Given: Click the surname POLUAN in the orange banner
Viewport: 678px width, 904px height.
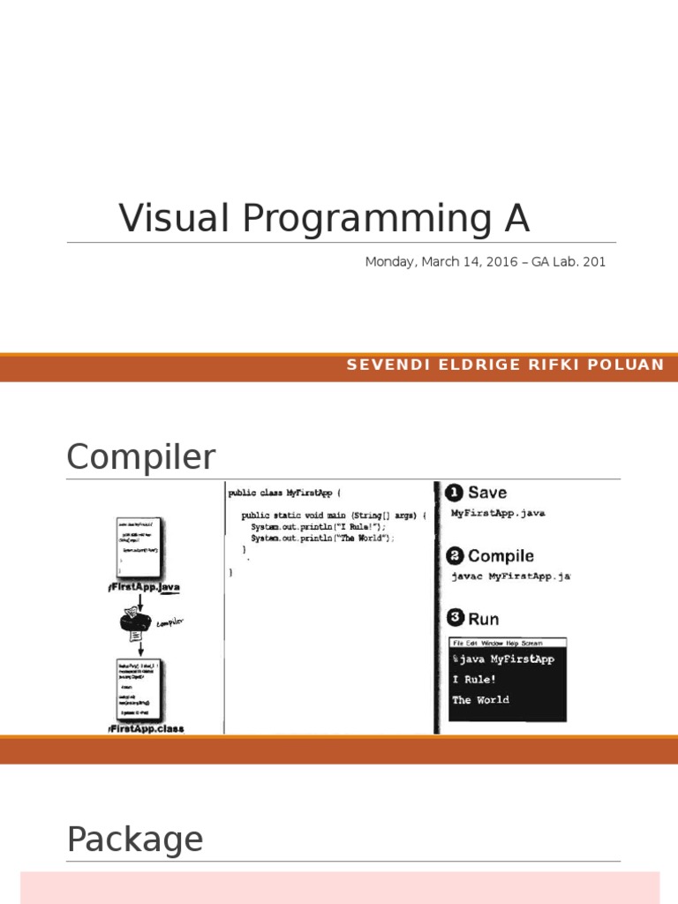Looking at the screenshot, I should click(x=628, y=365).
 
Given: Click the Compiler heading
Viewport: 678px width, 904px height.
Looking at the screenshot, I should click(x=140, y=457).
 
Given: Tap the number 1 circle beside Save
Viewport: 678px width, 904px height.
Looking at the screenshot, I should click(x=455, y=493).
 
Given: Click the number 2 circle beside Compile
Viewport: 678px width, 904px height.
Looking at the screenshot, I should click(x=455, y=555).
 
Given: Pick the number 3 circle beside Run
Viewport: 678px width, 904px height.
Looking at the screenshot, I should click(x=455, y=619).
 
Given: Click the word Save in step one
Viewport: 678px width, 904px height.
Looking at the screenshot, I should click(x=487, y=493).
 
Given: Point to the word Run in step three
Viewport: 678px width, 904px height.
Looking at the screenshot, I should click(x=483, y=619).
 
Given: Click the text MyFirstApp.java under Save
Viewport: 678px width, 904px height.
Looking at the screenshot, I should click(x=498, y=513).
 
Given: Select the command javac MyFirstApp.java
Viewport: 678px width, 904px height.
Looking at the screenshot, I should click(x=510, y=576).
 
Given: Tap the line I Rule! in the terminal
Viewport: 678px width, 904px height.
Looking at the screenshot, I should click(x=474, y=679).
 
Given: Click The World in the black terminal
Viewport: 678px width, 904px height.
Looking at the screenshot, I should click(x=480, y=699).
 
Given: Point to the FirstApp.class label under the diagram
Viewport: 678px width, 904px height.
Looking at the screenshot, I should click(x=147, y=729).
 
